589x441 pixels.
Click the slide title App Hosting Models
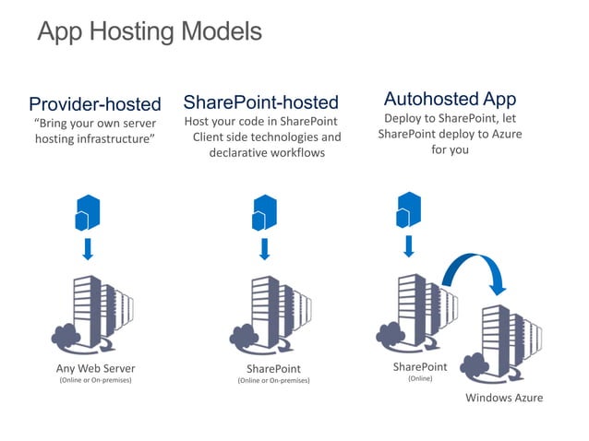click(x=149, y=32)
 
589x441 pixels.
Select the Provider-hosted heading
click(x=95, y=103)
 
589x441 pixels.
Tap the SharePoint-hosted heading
click(x=261, y=101)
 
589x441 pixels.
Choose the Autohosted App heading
click(x=450, y=98)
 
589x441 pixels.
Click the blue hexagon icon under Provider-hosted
click(x=87, y=213)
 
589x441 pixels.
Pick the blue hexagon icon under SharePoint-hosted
click(x=265, y=213)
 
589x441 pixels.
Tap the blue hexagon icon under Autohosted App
click(x=408, y=209)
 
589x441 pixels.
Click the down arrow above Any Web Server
click(x=88, y=249)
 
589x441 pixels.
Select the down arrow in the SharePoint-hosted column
click(x=265, y=249)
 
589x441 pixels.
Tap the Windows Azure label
click(x=503, y=398)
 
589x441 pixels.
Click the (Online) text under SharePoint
click(x=419, y=378)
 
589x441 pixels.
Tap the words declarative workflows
click(x=267, y=152)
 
